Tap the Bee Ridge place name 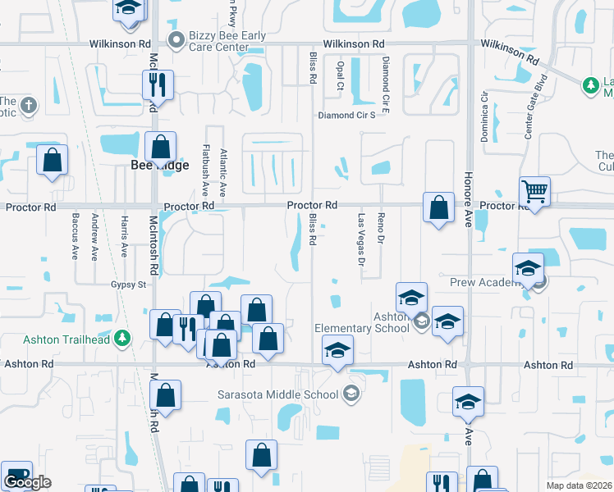pyautogui.click(x=160, y=165)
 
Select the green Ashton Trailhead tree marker pyautogui.click(x=122, y=337)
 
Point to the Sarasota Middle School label pyautogui.click(x=277, y=394)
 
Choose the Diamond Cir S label pyautogui.click(x=346, y=116)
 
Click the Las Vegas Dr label pyautogui.click(x=360, y=240)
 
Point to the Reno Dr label pyautogui.click(x=380, y=228)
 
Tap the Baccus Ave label pyautogui.click(x=76, y=235)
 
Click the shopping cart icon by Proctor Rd pyautogui.click(x=534, y=192)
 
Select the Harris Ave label pyautogui.click(x=124, y=236)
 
